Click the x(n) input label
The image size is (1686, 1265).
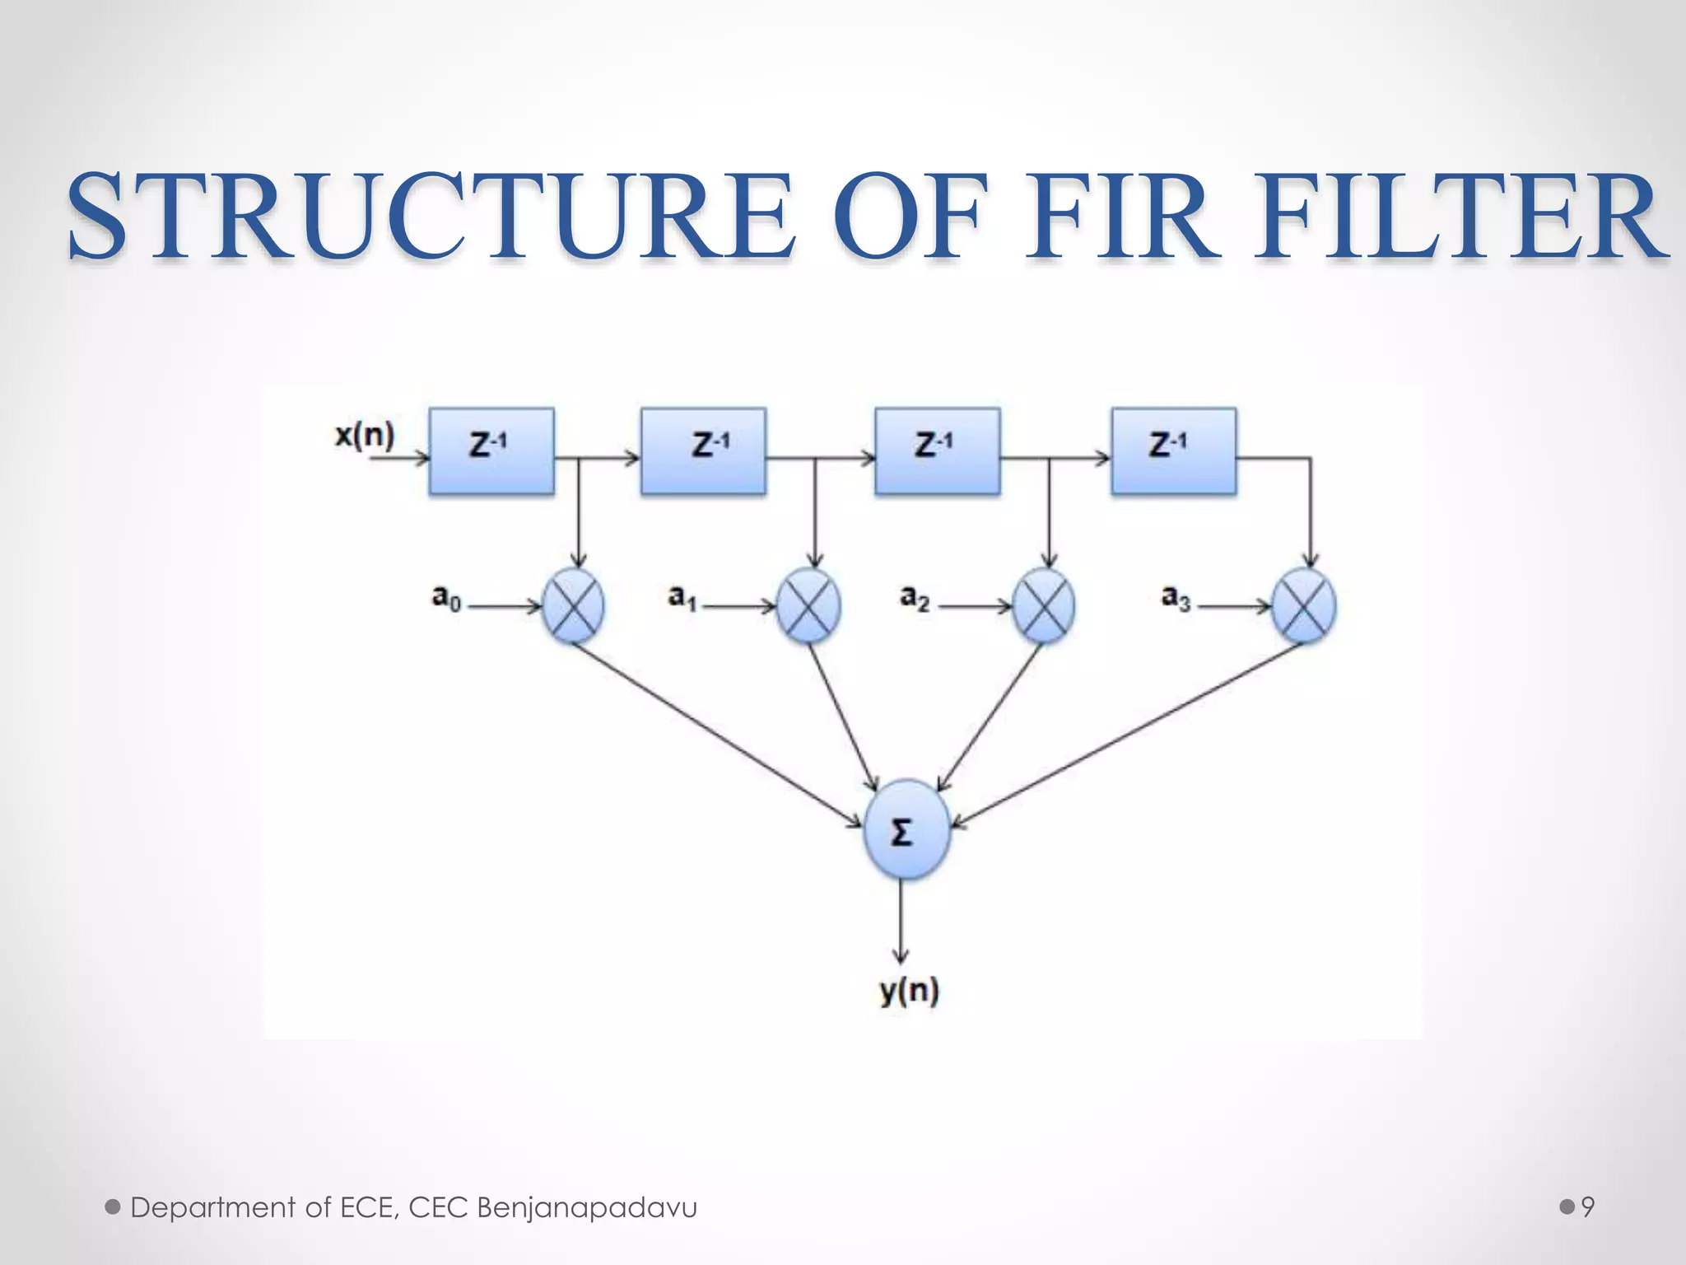point(365,434)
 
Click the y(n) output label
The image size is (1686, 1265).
point(909,991)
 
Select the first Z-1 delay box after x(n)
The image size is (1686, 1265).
point(491,451)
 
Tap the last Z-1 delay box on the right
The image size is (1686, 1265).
point(1173,451)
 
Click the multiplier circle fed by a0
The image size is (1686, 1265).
point(574,606)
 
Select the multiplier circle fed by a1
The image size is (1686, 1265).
point(808,606)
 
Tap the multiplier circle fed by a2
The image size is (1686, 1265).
point(1043,606)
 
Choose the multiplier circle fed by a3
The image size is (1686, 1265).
point(1303,606)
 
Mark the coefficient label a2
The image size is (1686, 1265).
point(915,597)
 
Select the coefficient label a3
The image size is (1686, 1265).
point(1176,597)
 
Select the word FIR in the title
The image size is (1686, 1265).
point(1119,216)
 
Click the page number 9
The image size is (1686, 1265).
point(1588,1207)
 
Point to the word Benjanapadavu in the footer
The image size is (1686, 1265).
point(587,1207)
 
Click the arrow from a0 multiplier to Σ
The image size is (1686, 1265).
point(716,733)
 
